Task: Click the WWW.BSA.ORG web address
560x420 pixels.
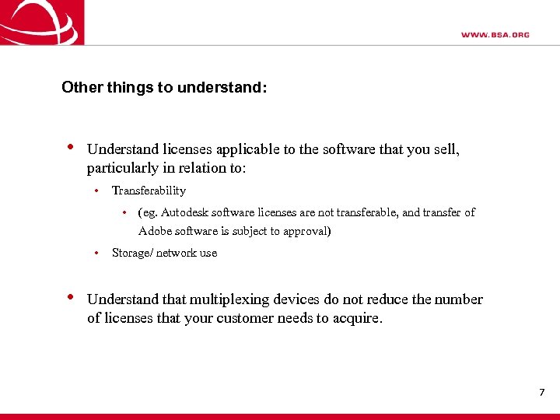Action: [x=495, y=35]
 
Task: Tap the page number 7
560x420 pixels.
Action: [x=541, y=392]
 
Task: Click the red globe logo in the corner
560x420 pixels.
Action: [x=40, y=22]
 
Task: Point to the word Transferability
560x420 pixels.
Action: [x=149, y=191]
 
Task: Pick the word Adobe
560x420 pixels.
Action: [x=156, y=231]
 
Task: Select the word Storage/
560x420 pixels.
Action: [x=132, y=253]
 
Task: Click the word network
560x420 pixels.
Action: [x=177, y=253]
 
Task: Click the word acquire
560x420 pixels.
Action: [x=358, y=318]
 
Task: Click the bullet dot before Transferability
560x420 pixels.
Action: [x=95, y=191]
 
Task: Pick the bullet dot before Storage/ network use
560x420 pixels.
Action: [x=95, y=253]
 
